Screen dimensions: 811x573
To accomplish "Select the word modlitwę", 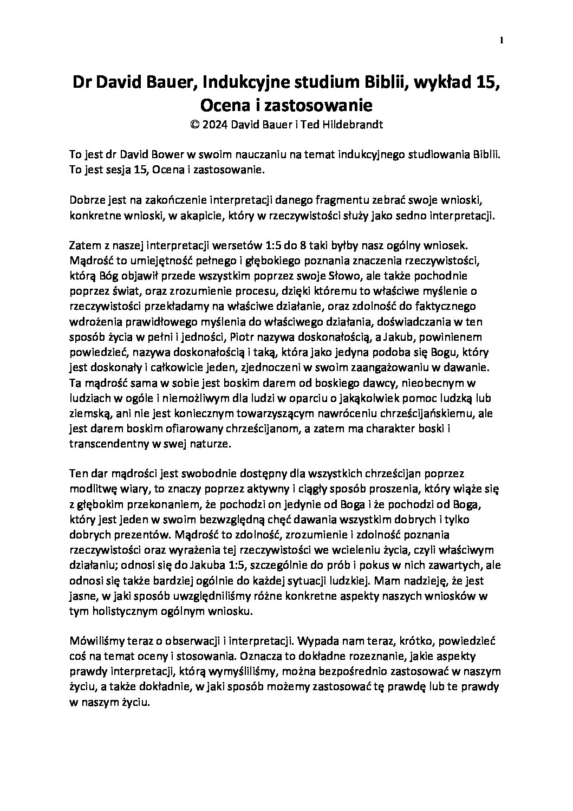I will point(90,489).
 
